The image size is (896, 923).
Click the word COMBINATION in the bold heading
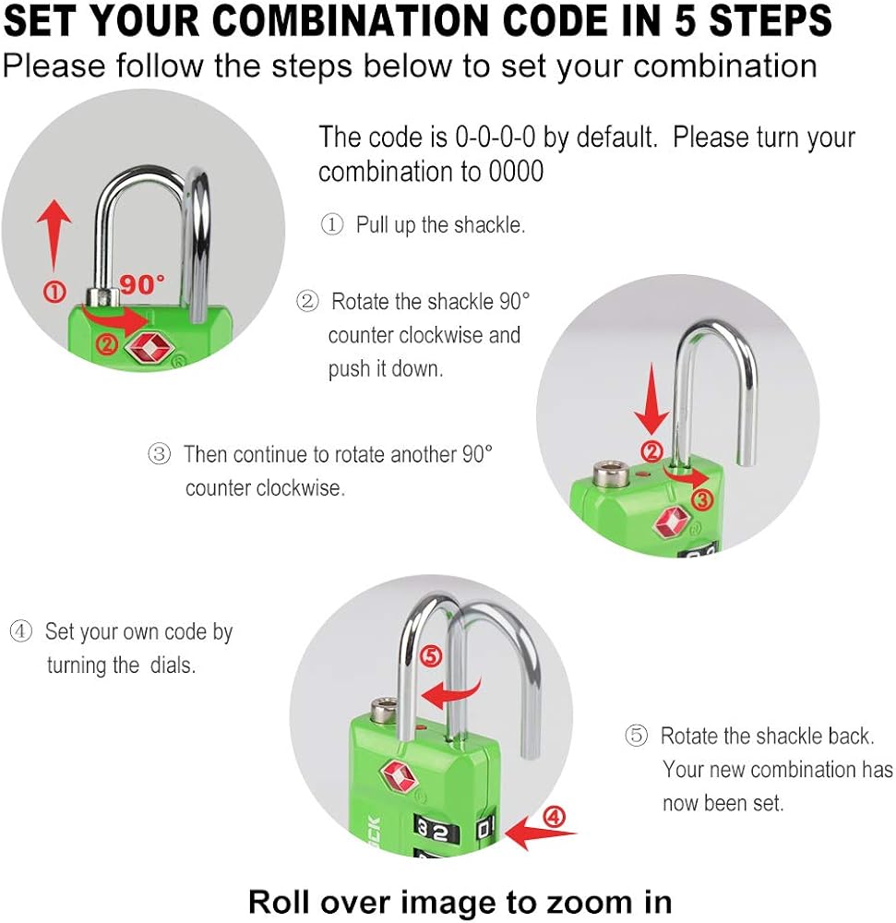350,20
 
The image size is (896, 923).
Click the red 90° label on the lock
142,284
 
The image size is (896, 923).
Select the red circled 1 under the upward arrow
54,291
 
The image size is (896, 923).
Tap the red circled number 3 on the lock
702,500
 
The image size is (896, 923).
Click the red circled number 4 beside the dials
554,817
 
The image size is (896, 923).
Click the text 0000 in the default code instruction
516,172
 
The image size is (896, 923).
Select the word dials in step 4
173,665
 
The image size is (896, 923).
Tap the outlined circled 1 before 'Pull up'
332,224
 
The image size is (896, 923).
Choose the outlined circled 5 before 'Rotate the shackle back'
636,736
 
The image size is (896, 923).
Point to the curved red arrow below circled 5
452,693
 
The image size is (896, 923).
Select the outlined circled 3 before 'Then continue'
160,454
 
